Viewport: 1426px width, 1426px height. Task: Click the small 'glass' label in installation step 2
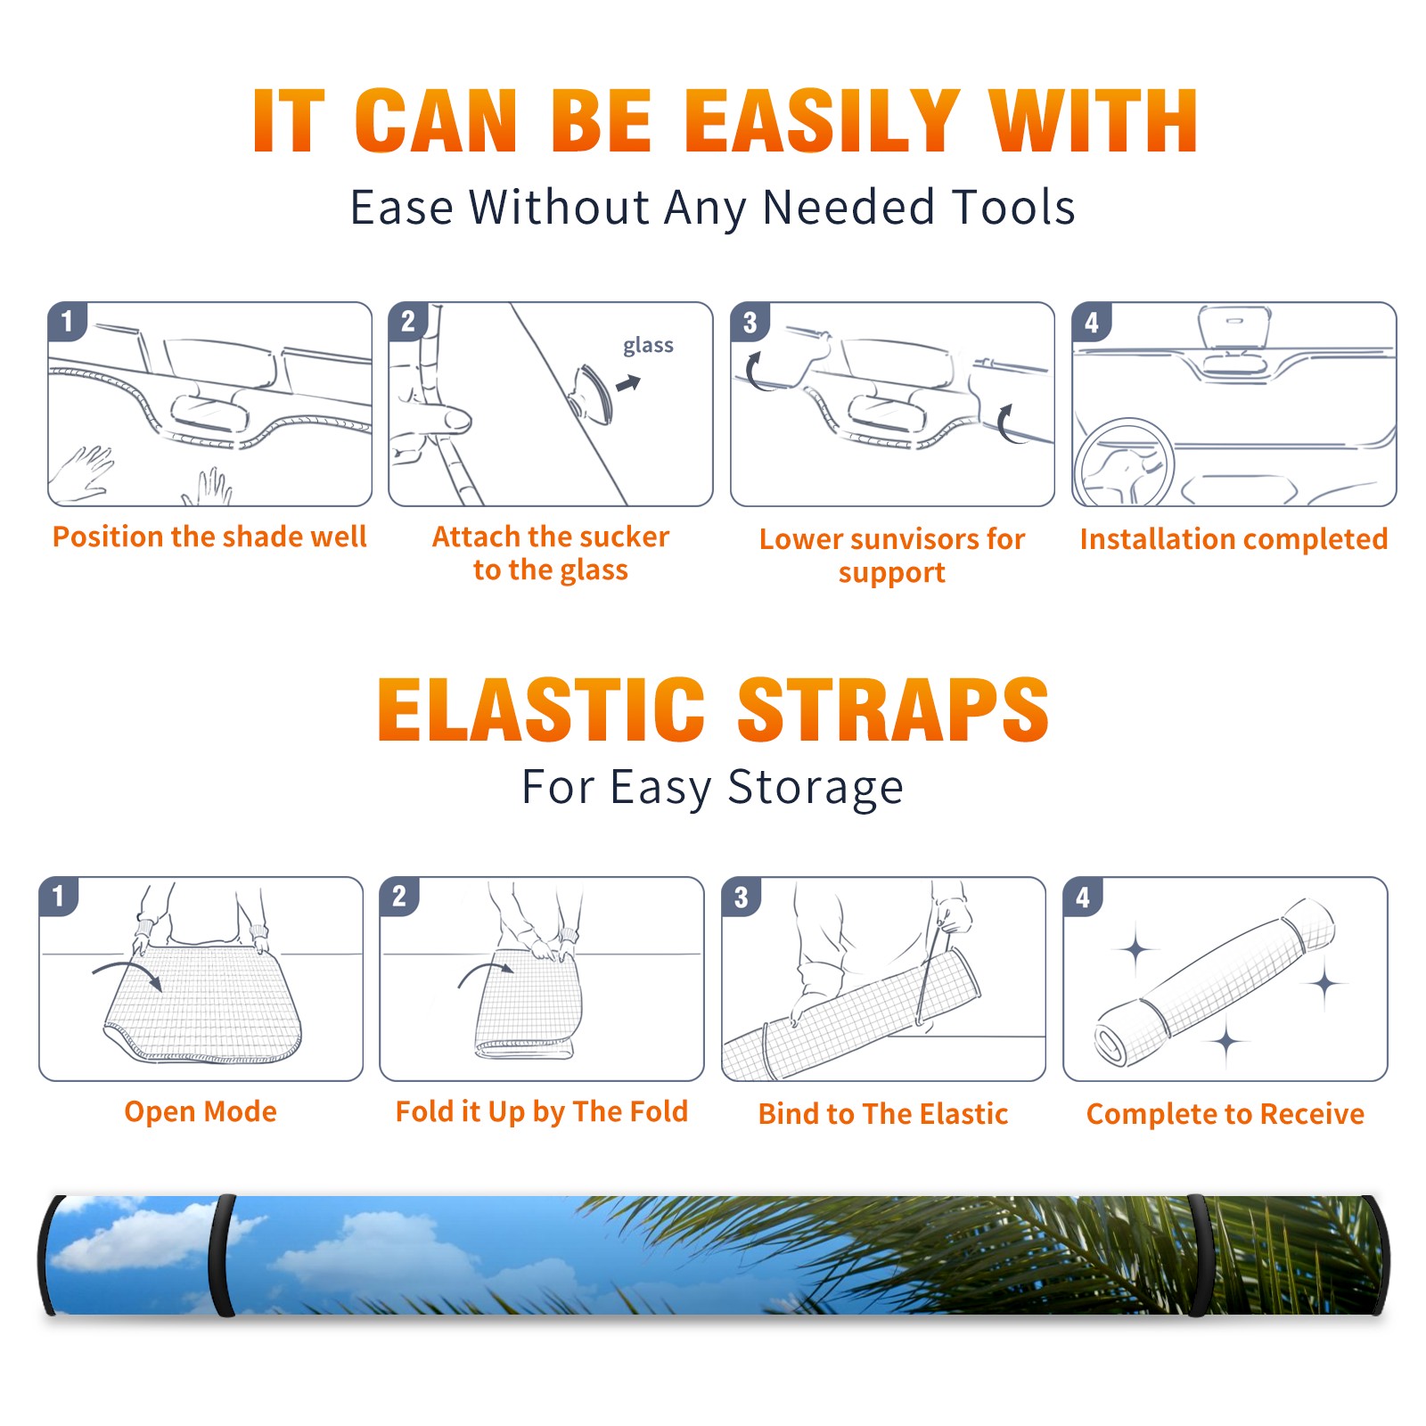click(x=648, y=346)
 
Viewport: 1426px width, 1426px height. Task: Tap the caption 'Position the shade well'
click(x=209, y=537)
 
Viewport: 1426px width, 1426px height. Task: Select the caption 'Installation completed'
click(x=1233, y=538)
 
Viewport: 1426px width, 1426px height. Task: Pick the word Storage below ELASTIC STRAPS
click(x=815, y=788)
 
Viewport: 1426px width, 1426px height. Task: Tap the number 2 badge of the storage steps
click(x=399, y=896)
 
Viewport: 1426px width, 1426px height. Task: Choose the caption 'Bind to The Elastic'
click(x=882, y=1113)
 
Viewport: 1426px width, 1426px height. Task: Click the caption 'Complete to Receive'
click(x=1225, y=1113)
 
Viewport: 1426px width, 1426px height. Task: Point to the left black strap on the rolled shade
click(x=221, y=1255)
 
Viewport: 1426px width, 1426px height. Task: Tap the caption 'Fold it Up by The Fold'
click(x=542, y=1111)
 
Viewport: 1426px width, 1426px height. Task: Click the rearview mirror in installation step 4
click(x=1234, y=326)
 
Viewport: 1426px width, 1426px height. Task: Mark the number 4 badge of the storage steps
click(x=1083, y=897)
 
